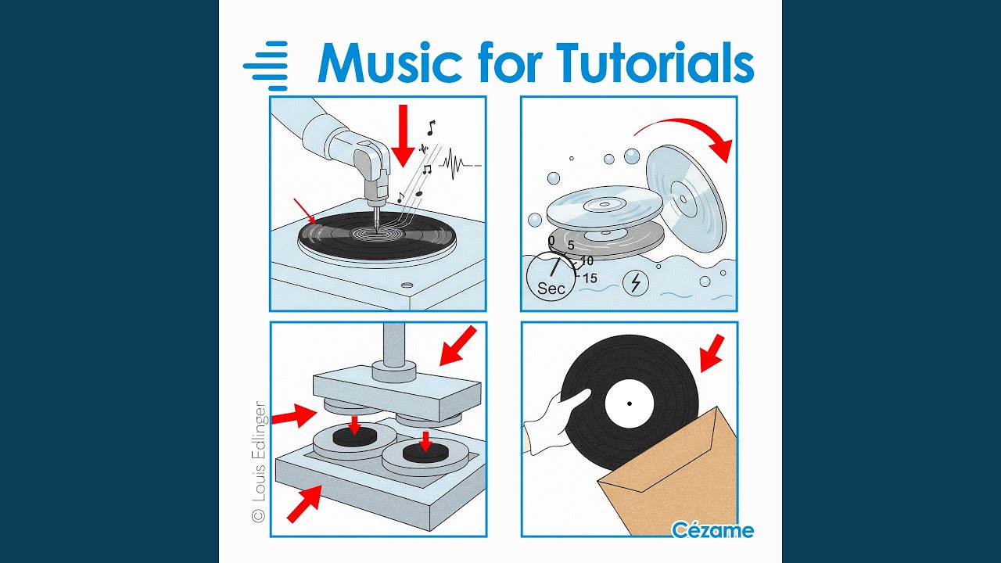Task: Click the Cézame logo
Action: coord(712,530)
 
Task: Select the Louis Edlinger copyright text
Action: coord(259,461)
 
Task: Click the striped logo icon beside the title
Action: coord(265,66)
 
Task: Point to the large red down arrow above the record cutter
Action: coord(404,136)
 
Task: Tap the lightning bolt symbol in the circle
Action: coord(636,282)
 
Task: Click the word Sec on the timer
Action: coord(551,289)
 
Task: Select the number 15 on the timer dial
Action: coord(590,278)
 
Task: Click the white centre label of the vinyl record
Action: coord(630,403)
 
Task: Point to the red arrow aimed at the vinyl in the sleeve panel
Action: coord(712,353)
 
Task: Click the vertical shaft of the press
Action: coord(393,344)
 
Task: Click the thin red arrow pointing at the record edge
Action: coord(305,211)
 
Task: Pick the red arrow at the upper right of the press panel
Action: coord(458,346)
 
